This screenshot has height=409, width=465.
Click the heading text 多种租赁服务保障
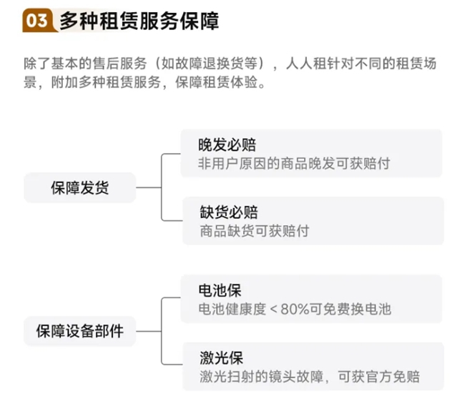click(x=139, y=21)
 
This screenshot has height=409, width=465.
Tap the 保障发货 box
click(x=79, y=188)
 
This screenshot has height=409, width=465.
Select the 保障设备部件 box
click(x=79, y=331)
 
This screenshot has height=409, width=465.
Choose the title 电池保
click(x=220, y=290)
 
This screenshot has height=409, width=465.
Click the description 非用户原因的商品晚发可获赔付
click(x=294, y=163)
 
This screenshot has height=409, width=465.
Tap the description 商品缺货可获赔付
click(x=255, y=231)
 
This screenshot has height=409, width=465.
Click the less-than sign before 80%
click(x=276, y=309)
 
